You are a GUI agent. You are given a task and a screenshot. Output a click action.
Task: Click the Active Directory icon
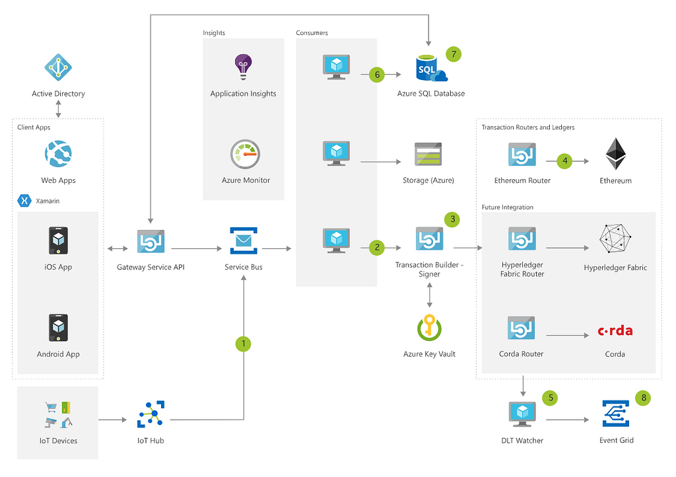[58, 67]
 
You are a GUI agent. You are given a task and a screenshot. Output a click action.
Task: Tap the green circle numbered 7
[454, 54]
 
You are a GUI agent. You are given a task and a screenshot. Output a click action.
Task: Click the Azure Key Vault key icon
[430, 328]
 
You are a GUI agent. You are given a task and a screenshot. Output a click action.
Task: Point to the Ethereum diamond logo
[615, 154]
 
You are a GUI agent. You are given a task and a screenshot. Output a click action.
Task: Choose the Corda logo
[615, 330]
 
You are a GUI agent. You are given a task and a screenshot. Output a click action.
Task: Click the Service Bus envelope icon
[244, 240]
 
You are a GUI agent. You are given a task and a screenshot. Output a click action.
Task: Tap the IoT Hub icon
[151, 414]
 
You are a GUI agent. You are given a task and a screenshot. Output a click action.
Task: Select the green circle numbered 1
[244, 344]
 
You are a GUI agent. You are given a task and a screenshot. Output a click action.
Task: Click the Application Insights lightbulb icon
[243, 67]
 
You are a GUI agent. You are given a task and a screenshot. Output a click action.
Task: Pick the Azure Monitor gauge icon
[244, 154]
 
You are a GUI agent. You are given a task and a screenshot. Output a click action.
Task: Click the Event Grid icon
[617, 414]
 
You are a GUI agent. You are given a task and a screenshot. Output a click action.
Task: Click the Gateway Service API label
[151, 268]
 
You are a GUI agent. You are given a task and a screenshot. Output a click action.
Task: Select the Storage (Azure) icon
[428, 154]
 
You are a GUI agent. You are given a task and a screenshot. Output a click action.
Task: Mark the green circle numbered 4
[565, 160]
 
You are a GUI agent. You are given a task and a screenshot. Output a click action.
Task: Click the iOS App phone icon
[58, 240]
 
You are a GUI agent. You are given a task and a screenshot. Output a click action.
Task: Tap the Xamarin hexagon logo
[25, 201]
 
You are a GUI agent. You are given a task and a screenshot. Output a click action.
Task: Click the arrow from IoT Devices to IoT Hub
[112, 420]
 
